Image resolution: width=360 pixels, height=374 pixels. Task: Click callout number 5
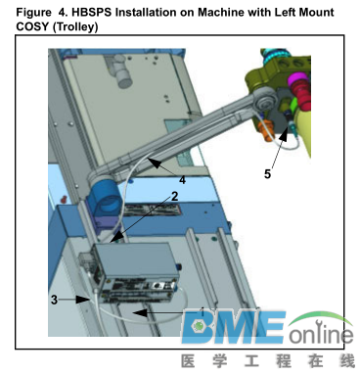[267, 174]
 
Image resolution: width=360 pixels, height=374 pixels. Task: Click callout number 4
[182, 180]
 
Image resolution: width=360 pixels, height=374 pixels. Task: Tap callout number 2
[174, 196]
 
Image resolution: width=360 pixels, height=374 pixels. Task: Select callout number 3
[54, 300]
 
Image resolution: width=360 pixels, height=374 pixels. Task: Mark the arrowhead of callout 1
[140, 313]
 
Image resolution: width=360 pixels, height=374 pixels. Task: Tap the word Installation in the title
[153, 13]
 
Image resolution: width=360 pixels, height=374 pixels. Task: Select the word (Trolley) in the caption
[75, 26]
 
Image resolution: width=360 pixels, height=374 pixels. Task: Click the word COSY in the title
[32, 26]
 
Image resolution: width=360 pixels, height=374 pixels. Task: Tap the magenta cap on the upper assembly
[297, 78]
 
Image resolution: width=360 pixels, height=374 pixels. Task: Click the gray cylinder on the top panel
[122, 73]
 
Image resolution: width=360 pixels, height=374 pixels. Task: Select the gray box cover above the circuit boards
[137, 261]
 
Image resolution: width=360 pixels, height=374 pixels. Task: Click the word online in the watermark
[322, 333]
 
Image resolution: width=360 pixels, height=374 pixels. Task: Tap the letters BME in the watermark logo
[233, 327]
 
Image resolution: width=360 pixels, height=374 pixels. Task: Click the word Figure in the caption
[33, 13]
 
